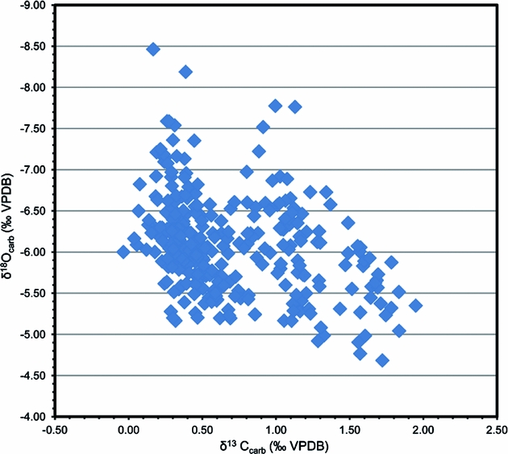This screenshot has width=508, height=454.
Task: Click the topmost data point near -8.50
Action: click(153, 49)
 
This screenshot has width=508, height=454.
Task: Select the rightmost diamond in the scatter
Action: click(415, 305)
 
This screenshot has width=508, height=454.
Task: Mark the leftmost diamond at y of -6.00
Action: click(123, 252)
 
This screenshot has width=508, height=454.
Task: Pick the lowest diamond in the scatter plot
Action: click(382, 360)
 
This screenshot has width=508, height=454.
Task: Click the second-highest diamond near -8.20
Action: click(185, 72)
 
